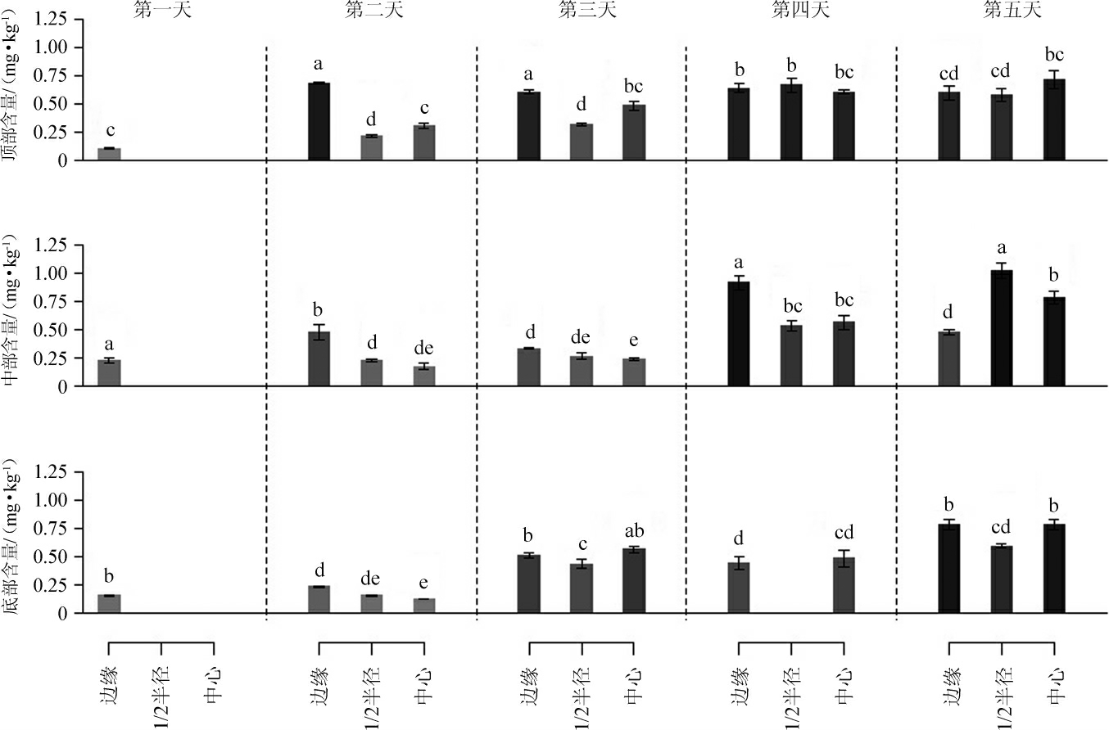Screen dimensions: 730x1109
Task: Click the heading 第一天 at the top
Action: [x=161, y=11]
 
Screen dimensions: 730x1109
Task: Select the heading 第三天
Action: [x=582, y=11]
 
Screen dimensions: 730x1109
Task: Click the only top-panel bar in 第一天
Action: [x=109, y=155]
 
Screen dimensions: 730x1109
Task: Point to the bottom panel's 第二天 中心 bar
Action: [x=424, y=606]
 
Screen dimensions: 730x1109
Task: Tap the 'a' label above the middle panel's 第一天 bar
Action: [x=109, y=345]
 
